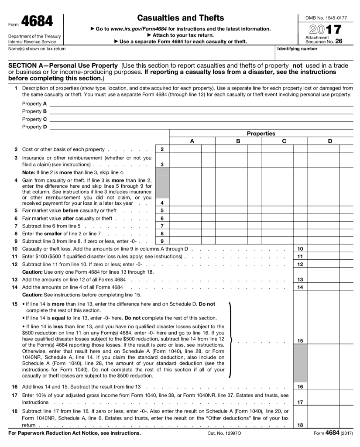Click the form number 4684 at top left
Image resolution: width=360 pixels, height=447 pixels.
tap(37, 21)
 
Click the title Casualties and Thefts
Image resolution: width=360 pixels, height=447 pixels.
tap(180, 18)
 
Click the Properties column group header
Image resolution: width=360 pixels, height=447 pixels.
tap(261, 134)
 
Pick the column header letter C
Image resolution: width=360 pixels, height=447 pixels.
tap(284, 141)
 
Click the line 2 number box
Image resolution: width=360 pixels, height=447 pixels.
tap(162, 149)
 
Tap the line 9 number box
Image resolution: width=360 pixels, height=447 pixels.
tap(162, 241)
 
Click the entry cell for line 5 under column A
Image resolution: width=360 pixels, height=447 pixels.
tap(185, 210)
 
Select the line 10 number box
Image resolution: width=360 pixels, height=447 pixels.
tap(300, 248)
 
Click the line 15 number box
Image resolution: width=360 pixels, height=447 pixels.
tap(300, 340)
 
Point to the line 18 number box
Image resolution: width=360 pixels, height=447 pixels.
tap(300, 425)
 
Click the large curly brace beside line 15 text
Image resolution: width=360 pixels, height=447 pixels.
tap(230, 340)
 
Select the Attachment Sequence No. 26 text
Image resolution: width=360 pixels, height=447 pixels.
tap(323, 40)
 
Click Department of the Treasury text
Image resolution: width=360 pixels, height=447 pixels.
tap(34, 36)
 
